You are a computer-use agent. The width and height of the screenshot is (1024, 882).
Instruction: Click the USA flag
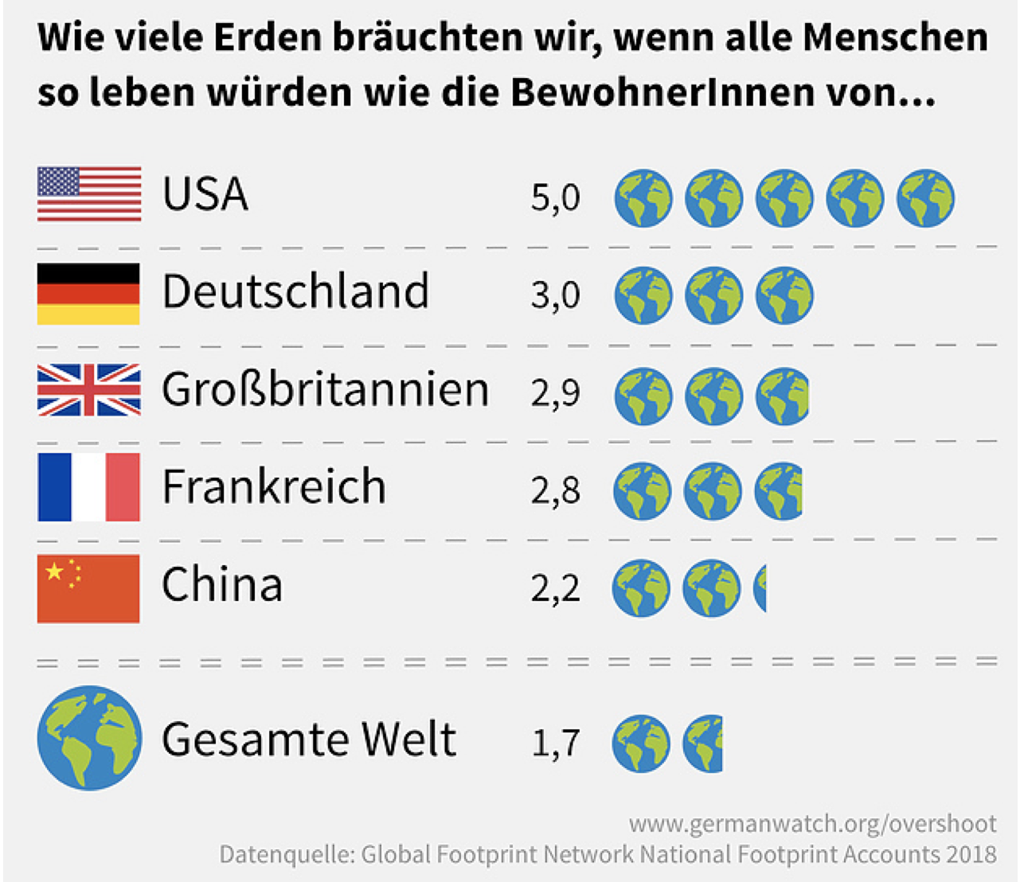click(x=89, y=193)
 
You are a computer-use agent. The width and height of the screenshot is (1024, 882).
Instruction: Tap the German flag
click(x=88, y=294)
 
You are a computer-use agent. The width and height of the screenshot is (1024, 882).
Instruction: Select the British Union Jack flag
click(x=89, y=390)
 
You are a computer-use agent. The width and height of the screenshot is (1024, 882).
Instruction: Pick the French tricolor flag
click(x=88, y=487)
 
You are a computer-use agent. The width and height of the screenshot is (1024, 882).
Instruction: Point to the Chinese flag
click(x=88, y=588)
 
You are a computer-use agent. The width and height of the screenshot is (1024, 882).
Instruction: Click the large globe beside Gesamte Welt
click(x=89, y=738)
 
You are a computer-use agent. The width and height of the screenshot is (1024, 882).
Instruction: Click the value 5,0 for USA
click(x=555, y=197)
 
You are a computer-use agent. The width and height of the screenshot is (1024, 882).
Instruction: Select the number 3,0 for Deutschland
click(x=555, y=295)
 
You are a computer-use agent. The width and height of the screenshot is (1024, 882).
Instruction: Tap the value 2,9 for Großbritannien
click(x=555, y=393)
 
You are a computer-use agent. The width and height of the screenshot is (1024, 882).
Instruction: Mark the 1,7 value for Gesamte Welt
click(x=555, y=743)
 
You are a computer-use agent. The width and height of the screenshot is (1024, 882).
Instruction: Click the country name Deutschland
click(x=295, y=291)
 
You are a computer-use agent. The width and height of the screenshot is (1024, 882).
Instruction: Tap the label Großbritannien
click(x=325, y=390)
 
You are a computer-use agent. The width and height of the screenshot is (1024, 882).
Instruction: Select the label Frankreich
click(x=274, y=486)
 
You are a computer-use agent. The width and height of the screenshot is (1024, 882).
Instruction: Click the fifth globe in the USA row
click(x=925, y=197)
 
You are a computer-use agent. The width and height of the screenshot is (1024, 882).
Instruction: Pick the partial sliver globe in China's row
click(x=760, y=589)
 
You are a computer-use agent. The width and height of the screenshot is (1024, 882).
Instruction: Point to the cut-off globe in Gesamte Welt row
click(x=703, y=743)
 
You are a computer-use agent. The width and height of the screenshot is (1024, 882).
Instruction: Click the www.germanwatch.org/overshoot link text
click(x=812, y=823)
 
